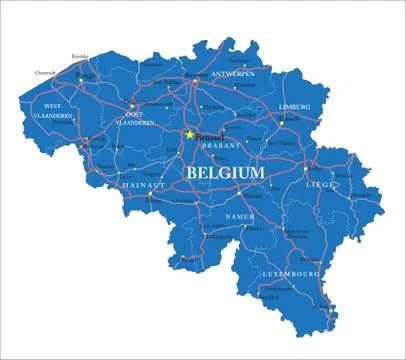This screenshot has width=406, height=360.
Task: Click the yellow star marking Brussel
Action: point(189,133)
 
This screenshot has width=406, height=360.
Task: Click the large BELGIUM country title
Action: point(225,173)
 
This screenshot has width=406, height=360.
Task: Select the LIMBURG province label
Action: point(294,106)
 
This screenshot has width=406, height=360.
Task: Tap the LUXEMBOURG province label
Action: point(291,272)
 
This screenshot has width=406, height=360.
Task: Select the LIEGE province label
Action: point(321,182)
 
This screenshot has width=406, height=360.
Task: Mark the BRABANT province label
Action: point(221,145)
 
